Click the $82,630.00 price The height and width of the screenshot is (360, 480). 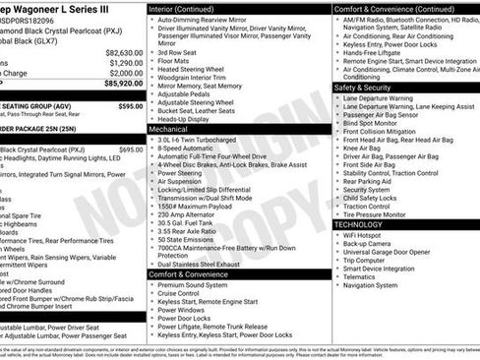coord(123,52)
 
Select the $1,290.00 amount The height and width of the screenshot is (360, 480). coord(125,63)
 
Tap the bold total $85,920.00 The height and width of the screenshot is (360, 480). coord(121,85)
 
